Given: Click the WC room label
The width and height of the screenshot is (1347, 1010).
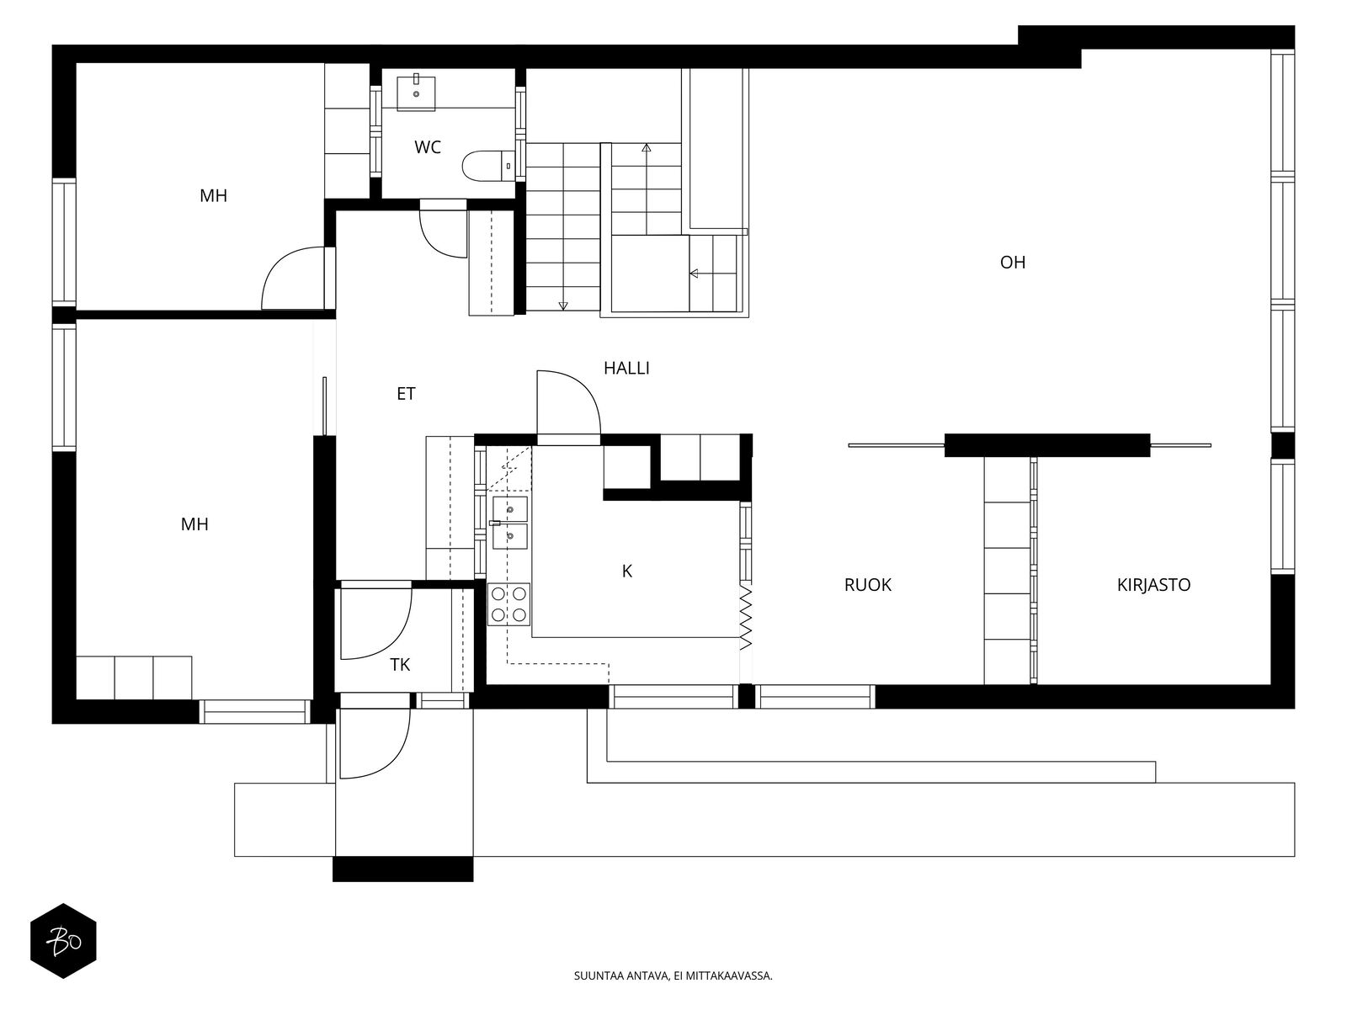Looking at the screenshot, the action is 428,147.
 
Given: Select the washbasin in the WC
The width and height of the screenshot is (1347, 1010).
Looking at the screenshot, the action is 416,93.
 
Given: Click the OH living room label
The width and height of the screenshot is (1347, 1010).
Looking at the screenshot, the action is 1013,263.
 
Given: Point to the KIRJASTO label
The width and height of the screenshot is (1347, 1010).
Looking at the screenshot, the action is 1153,585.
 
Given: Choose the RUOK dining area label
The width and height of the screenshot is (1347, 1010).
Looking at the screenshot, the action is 868,585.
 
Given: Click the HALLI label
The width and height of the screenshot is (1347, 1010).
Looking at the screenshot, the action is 626,368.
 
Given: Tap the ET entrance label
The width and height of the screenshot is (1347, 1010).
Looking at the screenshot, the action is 407,394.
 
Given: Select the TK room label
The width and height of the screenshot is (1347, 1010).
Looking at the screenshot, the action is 400,665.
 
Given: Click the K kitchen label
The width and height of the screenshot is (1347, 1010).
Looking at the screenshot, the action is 626,571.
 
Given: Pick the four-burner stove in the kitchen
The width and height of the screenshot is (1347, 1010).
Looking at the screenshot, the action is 508,604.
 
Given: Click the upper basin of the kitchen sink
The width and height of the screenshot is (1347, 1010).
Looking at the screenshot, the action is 510,508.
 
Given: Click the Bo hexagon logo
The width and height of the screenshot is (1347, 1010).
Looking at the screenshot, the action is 64,941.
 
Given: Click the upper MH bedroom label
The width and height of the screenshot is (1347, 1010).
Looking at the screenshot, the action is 214,195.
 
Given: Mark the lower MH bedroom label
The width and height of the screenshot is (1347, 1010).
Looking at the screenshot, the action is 194,524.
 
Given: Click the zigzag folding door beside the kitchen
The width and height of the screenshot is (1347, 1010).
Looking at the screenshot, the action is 746,617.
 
